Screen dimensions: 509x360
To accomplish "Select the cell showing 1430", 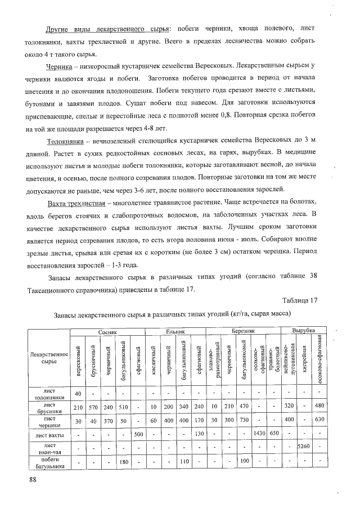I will tap(259, 435).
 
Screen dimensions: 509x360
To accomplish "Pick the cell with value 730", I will tap(244, 421).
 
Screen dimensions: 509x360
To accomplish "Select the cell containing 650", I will tap(274, 435).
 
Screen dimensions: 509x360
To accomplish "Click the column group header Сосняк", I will tap(107, 332).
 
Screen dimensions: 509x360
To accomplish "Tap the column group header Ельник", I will tap(175, 332).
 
